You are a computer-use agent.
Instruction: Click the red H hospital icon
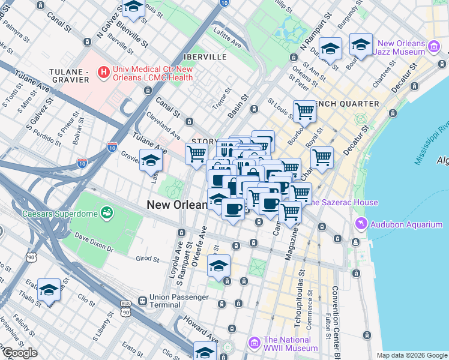104,73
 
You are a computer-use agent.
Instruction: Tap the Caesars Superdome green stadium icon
107,212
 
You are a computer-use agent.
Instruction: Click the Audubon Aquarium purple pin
361,224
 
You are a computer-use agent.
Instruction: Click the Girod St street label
147,259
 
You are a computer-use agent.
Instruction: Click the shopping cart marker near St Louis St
305,111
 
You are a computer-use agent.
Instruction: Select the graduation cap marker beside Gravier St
151,161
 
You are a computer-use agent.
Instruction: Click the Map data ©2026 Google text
411,355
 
